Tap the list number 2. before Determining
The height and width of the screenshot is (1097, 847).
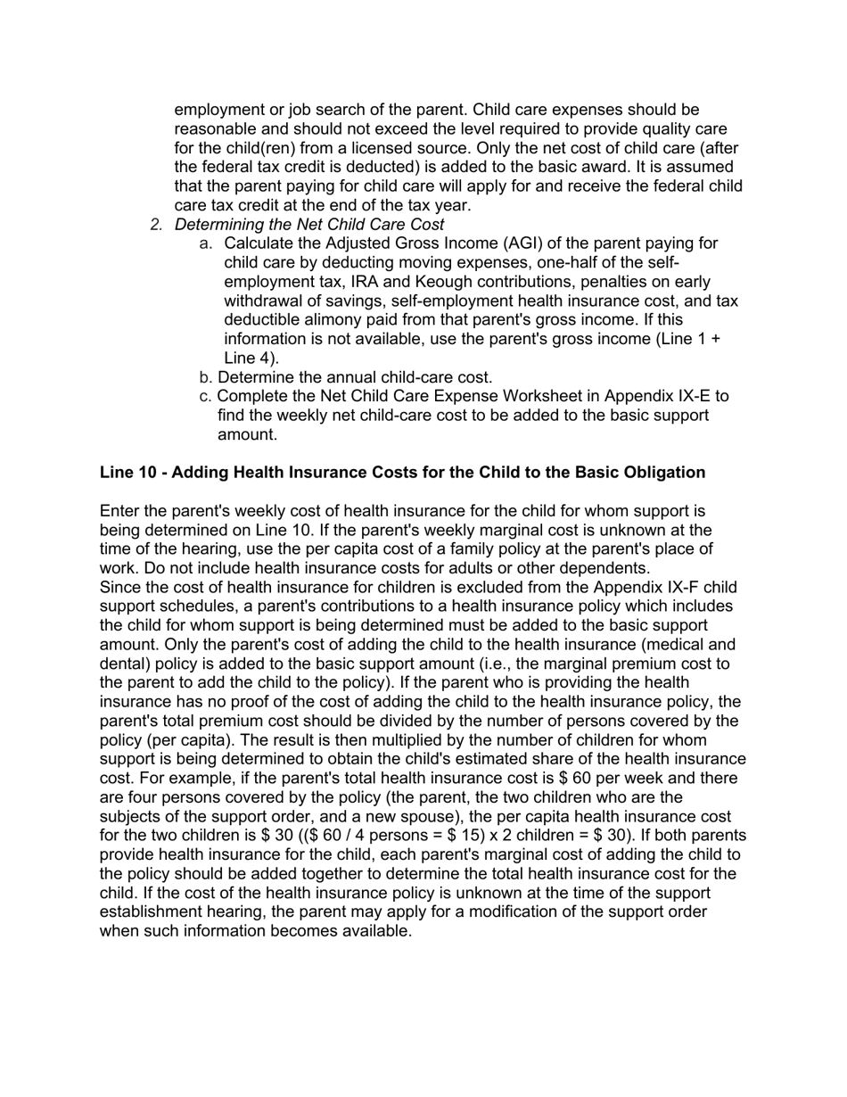pos(157,225)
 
